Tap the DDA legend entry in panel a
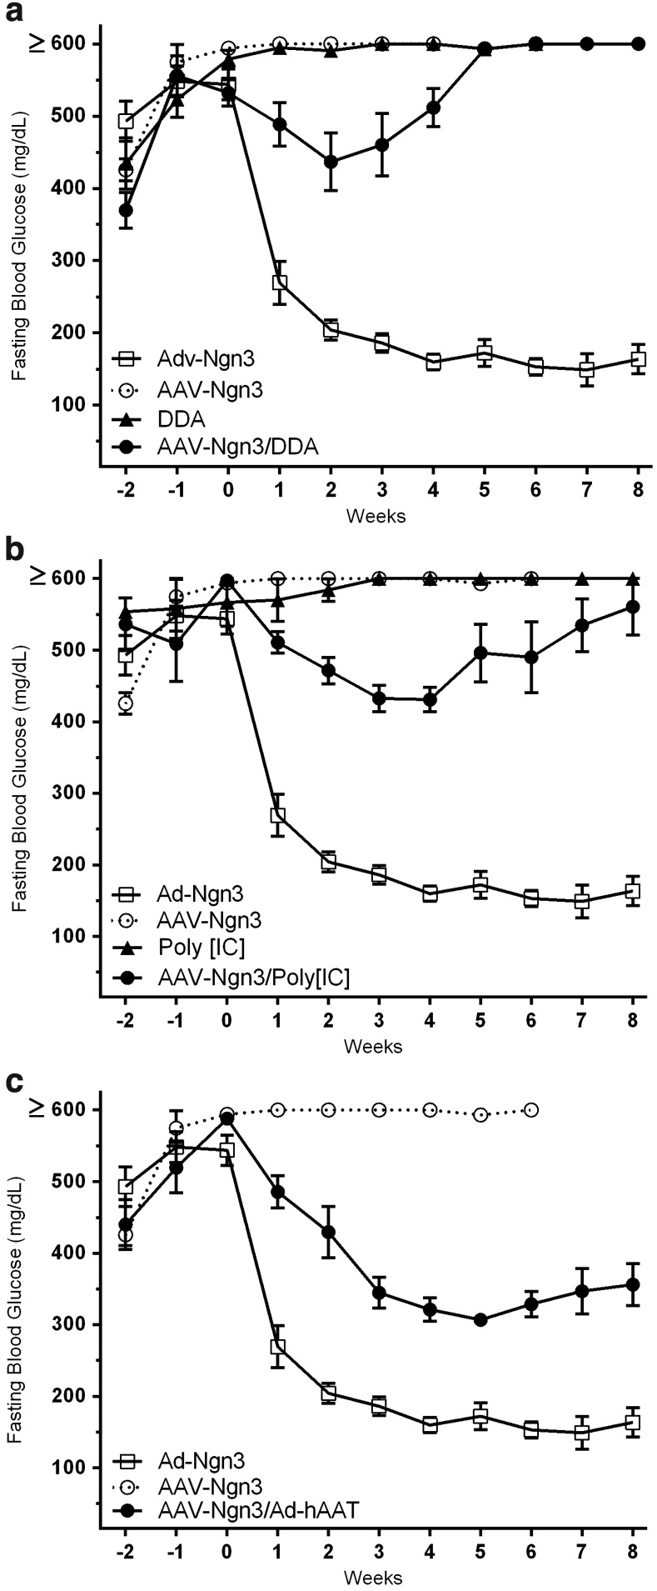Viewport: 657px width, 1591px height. click(182, 418)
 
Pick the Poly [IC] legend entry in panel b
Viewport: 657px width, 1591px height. click(202, 948)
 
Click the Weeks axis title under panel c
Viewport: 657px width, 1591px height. click(374, 1578)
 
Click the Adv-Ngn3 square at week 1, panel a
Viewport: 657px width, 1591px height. click(280, 283)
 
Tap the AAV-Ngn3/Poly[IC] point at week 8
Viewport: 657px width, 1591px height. click(633, 607)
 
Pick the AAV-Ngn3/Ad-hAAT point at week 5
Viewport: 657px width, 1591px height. click(480, 1320)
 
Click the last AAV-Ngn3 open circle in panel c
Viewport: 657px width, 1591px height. click(531, 1110)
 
